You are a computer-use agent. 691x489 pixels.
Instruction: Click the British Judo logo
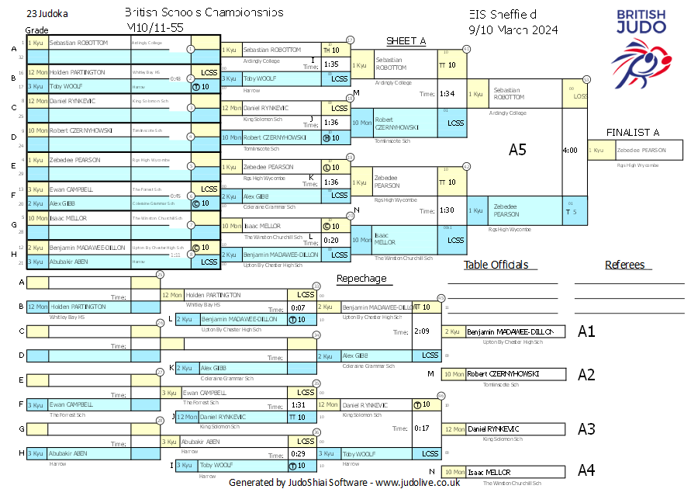[x=641, y=47]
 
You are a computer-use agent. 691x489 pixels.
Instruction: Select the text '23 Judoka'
[x=47, y=14]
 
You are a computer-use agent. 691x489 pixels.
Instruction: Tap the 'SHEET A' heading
[x=406, y=41]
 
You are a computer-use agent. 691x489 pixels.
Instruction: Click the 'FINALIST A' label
[x=633, y=132]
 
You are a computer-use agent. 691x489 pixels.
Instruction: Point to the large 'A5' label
[x=517, y=150]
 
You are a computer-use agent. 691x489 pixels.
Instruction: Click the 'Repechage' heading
[x=361, y=278]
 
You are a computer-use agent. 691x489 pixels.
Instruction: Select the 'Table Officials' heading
[x=496, y=265]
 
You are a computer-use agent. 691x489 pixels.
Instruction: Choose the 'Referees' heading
[x=624, y=265]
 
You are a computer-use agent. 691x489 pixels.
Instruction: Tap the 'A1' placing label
[x=586, y=331]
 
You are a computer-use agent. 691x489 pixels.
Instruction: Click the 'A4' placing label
[x=586, y=470]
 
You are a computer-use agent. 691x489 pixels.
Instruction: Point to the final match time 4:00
[x=570, y=150]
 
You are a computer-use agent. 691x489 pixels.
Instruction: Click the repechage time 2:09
[x=422, y=331]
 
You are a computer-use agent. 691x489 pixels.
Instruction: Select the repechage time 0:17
[x=422, y=428]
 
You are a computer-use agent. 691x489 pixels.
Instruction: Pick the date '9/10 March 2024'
[x=513, y=29]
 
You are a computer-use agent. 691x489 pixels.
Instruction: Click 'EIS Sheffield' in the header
[x=503, y=14]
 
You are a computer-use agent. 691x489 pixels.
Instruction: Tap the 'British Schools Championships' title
[x=203, y=13]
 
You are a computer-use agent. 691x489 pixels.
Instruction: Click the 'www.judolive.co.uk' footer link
[x=418, y=482]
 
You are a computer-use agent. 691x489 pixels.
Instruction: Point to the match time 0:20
[x=331, y=240]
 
